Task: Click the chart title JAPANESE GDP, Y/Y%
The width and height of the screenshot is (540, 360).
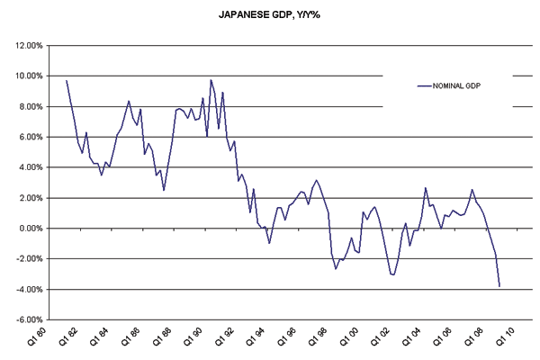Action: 269,16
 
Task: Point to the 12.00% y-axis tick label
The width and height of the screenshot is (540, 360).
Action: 25,45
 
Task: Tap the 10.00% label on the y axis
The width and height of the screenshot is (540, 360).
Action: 25,76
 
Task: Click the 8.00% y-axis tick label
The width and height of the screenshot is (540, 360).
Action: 27,106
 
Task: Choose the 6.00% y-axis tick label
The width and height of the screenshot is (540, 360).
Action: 27,137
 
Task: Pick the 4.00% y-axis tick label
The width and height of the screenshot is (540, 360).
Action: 27,167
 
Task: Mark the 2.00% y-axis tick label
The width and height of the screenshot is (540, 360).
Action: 27,198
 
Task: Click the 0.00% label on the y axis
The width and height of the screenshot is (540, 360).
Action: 27,229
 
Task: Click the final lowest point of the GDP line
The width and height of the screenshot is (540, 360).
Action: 499,286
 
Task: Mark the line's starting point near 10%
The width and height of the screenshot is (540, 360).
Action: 67,80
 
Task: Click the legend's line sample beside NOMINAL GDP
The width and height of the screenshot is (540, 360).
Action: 425,85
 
